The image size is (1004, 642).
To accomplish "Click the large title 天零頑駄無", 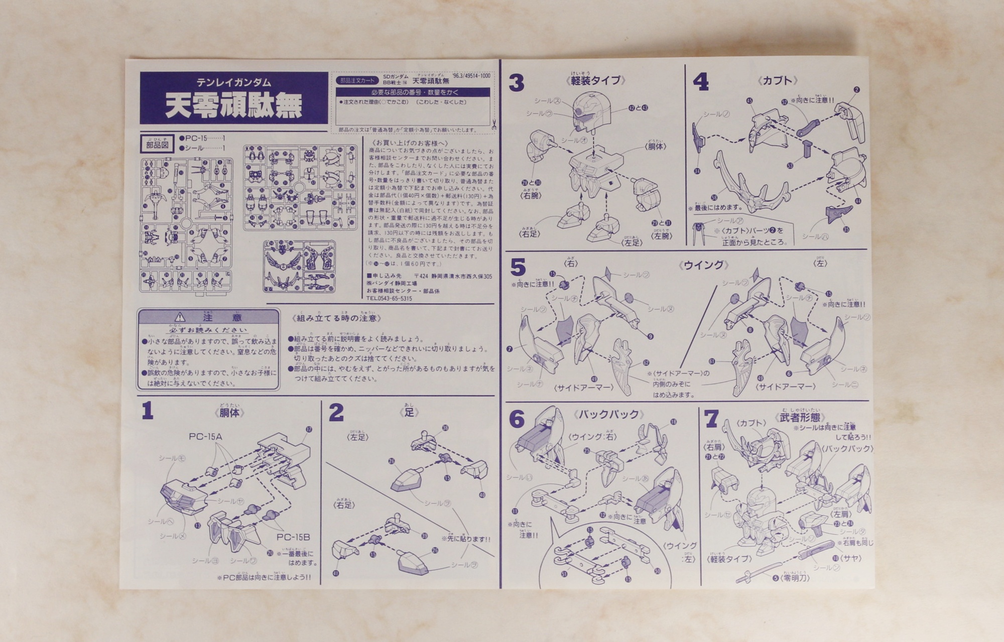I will pyautogui.click(x=233, y=106).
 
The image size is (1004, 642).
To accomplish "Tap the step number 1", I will pyautogui.click(x=148, y=411).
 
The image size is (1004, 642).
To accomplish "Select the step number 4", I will pyautogui.click(x=700, y=82).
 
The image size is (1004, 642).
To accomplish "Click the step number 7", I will pyautogui.click(x=711, y=419).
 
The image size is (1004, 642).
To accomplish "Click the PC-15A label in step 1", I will pyautogui.click(x=205, y=437).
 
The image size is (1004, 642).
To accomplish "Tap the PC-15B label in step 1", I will pyautogui.click(x=293, y=537).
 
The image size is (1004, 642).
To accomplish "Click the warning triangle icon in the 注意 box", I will pyautogui.click(x=180, y=318).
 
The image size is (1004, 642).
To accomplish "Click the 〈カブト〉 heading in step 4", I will pyautogui.click(x=777, y=80).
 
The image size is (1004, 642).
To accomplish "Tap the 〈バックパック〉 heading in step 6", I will pyautogui.click(x=609, y=415).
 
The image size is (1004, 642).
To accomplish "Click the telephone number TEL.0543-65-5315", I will pyautogui.click(x=389, y=298).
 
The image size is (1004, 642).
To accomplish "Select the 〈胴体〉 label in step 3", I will pyautogui.click(x=655, y=146).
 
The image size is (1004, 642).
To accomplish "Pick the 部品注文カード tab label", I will pyautogui.click(x=357, y=80).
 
